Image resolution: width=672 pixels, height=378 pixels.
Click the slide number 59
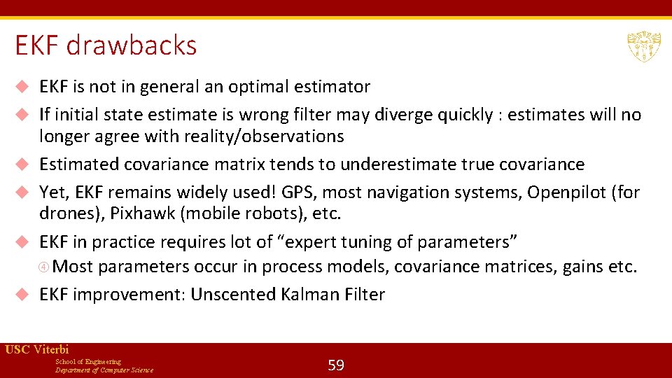[336, 365]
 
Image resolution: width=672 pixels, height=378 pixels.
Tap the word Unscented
[233, 295]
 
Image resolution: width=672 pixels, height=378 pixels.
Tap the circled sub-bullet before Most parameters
[45, 267]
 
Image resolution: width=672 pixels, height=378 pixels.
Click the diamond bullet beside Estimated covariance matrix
[22, 164]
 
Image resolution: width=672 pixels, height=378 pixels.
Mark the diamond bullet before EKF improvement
[22, 295]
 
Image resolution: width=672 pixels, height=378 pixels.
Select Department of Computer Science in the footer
[104, 370]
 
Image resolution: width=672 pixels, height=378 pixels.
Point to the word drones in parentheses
[67, 213]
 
